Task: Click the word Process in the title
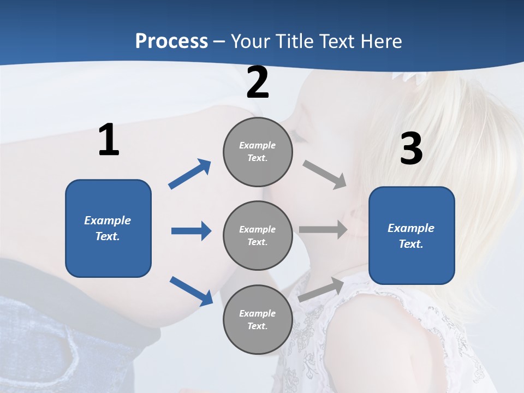tap(171, 41)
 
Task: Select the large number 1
tap(109, 140)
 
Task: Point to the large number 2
tap(258, 83)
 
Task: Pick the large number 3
tap(411, 148)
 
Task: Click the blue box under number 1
tap(108, 228)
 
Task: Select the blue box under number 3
tap(412, 236)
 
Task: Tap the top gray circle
tap(258, 152)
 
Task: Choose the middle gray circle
tap(258, 236)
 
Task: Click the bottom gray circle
tap(258, 320)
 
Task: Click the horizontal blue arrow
tap(191, 231)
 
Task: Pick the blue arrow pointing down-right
tap(191, 290)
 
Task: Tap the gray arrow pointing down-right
tap(325, 174)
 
